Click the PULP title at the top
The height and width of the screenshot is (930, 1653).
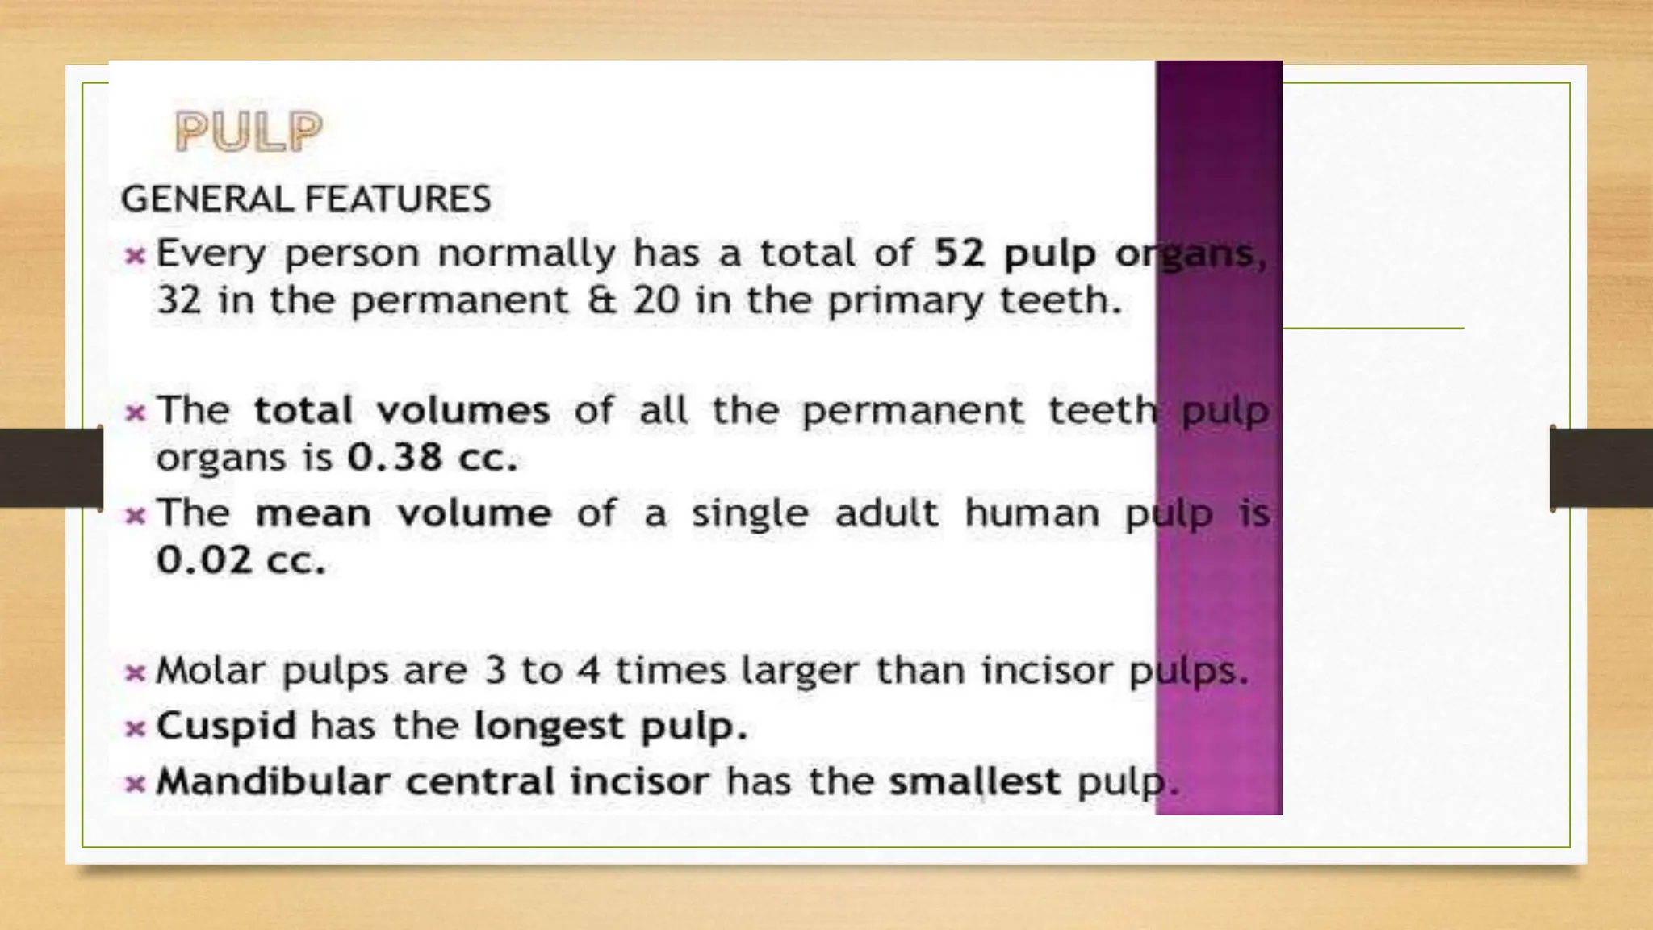click(249, 132)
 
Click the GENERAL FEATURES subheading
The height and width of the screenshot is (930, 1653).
click(306, 199)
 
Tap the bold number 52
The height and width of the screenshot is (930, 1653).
click(960, 253)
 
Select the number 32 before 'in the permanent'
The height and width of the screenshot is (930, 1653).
click(178, 300)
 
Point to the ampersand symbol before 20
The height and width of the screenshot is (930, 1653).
click(601, 300)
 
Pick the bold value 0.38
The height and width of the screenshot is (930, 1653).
click(395, 458)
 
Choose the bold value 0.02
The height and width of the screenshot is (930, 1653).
click(204, 560)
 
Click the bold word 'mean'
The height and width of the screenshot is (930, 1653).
click(313, 513)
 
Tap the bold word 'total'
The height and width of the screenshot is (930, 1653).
click(303, 410)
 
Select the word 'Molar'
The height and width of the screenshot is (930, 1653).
click(211, 670)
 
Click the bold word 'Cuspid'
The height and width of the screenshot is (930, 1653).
click(226, 726)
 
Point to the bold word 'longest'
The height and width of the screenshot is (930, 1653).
click(549, 727)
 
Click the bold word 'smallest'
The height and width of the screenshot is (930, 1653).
click(974, 781)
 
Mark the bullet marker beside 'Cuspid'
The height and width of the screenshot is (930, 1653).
click(135, 729)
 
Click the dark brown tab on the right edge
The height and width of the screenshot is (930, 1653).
click(1601, 468)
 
